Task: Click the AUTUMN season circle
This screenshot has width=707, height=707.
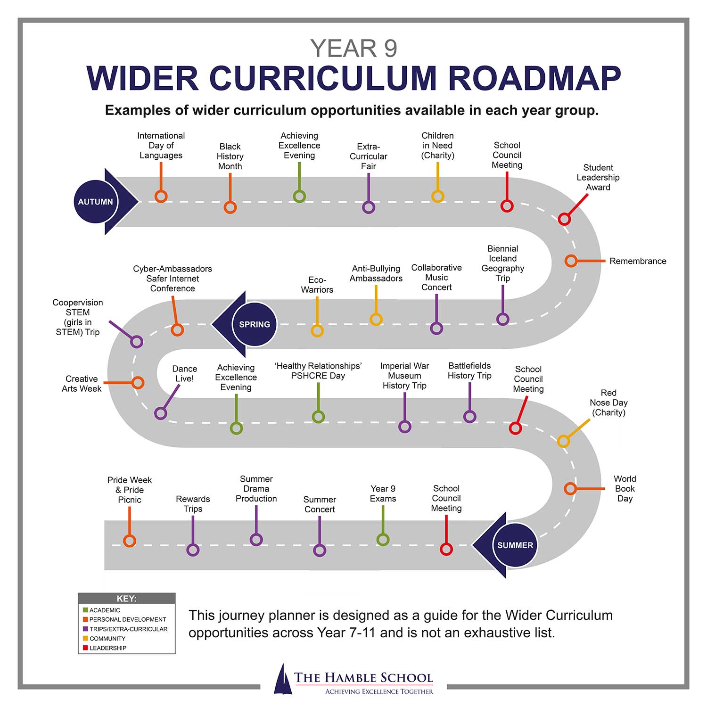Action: click(x=96, y=202)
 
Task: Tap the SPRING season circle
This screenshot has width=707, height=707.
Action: click(x=255, y=324)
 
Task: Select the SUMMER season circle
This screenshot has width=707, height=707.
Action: click(x=515, y=545)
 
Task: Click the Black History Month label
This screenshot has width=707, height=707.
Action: click(x=230, y=156)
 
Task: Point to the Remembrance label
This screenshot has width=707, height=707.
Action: click(x=638, y=261)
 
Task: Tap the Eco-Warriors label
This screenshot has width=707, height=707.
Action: click(x=317, y=285)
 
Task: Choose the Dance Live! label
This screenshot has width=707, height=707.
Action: click(x=184, y=374)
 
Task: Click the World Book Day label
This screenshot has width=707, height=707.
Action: click(x=625, y=489)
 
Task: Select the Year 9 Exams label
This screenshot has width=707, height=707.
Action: click(x=383, y=493)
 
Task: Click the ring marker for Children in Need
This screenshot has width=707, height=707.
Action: click(x=438, y=196)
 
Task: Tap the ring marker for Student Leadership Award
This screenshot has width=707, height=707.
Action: click(x=564, y=219)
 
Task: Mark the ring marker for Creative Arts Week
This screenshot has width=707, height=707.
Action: click(x=138, y=382)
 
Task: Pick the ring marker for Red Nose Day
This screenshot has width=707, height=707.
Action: click(x=563, y=441)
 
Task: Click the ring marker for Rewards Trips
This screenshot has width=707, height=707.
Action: click(x=193, y=550)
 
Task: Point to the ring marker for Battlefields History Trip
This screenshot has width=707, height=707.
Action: click(x=469, y=416)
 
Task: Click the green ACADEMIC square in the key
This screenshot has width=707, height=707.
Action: click(x=85, y=610)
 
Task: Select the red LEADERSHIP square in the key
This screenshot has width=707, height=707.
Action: click(x=85, y=648)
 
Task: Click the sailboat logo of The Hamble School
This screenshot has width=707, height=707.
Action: click(x=283, y=679)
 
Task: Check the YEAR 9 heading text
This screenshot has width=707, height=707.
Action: click(x=353, y=49)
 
